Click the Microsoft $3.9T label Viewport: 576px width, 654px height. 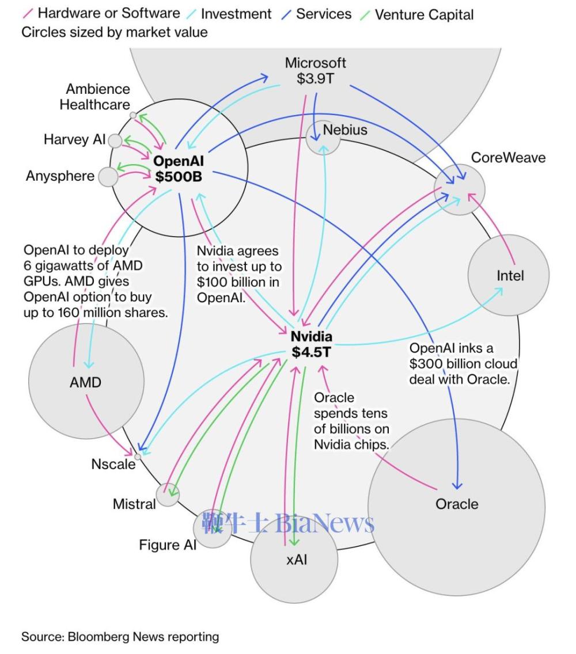coord(315,70)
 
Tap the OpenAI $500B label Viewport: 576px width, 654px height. coord(179,169)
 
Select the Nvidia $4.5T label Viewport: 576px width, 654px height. coord(312,344)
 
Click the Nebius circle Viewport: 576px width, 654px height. coord(323,138)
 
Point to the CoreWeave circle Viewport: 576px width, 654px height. coord(460,190)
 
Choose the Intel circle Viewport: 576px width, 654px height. coord(509,275)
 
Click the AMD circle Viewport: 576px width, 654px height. coord(86,381)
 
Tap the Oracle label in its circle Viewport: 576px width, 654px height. coord(457,504)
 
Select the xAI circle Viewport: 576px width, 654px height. coord(294,560)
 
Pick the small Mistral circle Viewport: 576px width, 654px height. coord(168,495)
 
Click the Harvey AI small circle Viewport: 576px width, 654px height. coord(115,141)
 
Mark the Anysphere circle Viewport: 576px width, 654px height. coord(108,177)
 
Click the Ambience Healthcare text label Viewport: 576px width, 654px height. coord(94,97)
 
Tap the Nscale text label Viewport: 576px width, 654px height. coord(113,464)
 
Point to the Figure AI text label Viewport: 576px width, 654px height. coord(168,545)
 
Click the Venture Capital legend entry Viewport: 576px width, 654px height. coord(418,14)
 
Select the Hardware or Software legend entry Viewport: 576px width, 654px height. coord(101,13)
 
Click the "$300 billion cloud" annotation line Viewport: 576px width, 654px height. coord(463,364)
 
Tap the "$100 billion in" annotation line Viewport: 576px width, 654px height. coord(238,282)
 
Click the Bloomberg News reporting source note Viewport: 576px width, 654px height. coord(120,637)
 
